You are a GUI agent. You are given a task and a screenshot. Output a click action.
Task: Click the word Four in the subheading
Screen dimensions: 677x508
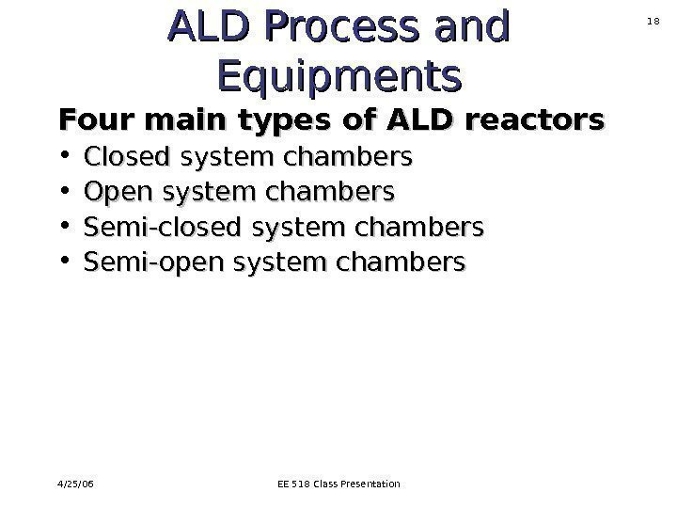(88, 121)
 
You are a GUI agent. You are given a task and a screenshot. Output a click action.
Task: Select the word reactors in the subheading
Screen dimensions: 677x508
(549, 121)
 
